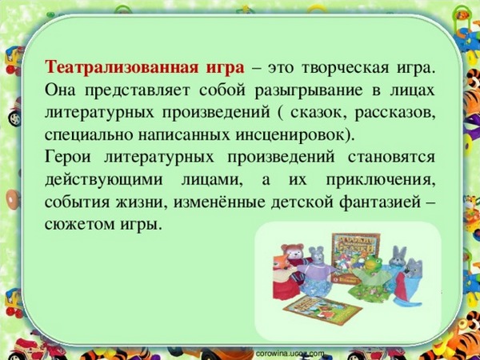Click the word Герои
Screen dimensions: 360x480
point(70,154)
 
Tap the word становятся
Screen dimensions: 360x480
point(387,154)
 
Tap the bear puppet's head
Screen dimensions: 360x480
point(294,255)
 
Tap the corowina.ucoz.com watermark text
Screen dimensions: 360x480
point(290,352)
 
